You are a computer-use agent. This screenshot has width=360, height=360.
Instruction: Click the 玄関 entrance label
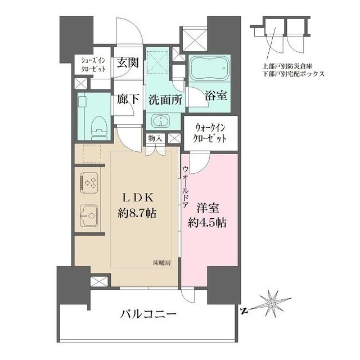[x=128, y=64]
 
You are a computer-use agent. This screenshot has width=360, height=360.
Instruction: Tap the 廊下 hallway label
[x=128, y=100]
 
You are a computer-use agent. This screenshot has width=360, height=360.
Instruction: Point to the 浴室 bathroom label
[x=215, y=95]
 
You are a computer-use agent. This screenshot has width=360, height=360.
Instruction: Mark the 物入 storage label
[x=155, y=138]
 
